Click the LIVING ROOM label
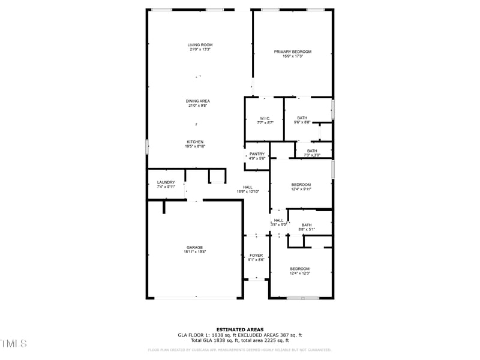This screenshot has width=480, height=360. (x=200, y=45)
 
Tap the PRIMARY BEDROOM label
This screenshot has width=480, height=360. (x=293, y=52)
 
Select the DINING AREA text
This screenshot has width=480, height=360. (x=197, y=101)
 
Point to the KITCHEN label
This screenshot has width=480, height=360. (x=194, y=142)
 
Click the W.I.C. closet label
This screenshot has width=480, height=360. (x=265, y=118)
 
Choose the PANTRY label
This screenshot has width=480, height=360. (x=257, y=154)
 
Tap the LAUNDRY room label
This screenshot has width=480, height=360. (x=166, y=182)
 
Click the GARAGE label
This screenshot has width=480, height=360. (x=194, y=247)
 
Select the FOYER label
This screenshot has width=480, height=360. (x=256, y=256)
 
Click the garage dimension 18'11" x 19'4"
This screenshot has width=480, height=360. (x=194, y=252)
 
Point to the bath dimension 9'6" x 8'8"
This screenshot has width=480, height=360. (x=302, y=122)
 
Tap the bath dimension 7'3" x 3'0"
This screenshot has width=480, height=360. (x=312, y=155)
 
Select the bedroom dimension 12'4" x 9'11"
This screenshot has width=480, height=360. (x=301, y=189)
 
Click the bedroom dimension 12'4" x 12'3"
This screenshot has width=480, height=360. (x=300, y=273)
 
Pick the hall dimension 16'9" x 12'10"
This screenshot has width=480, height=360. (x=248, y=191)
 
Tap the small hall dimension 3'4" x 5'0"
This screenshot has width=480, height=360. (x=278, y=224)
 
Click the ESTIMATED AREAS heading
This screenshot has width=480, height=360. (x=239, y=329)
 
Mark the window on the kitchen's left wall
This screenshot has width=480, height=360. (x=147, y=146)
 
